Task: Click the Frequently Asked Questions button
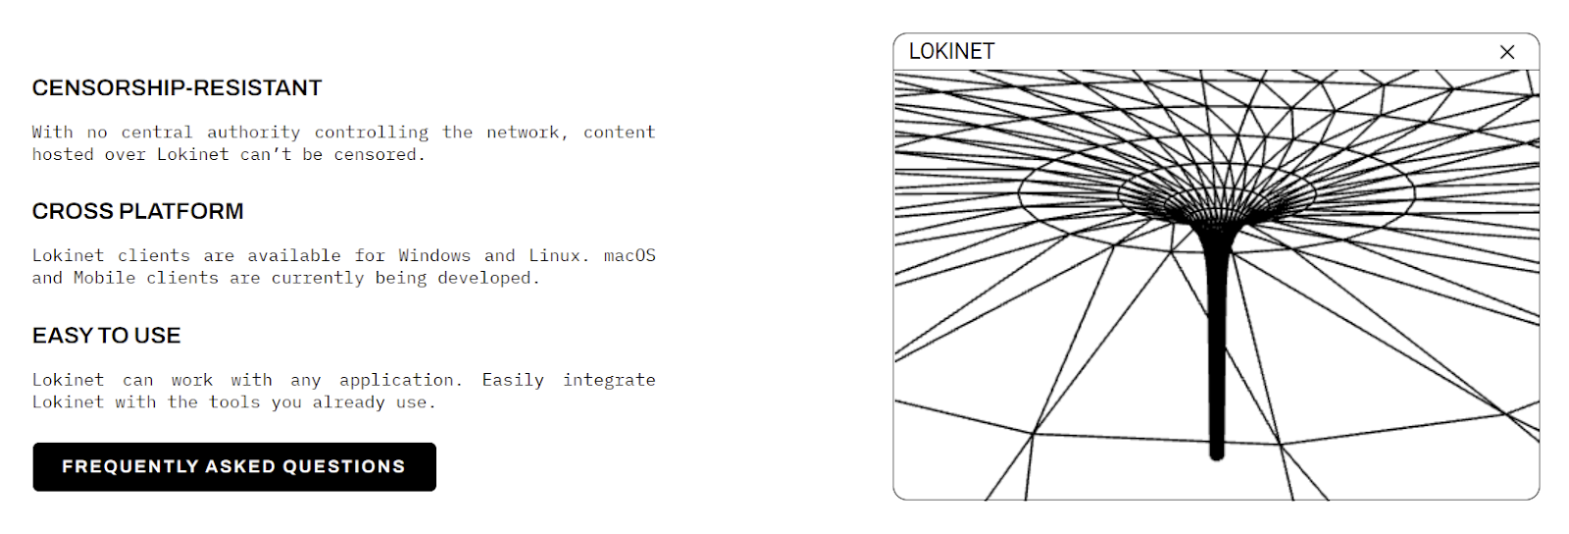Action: point(233,466)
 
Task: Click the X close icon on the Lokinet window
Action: point(1507,52)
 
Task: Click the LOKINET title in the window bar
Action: point(951,52)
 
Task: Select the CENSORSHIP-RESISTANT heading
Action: point(177,88)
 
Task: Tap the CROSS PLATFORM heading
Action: point(137,212)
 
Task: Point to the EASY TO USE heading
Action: point(106,336)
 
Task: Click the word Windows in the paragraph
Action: point(434,256)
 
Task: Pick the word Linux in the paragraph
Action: point(555,256)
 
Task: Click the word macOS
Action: point(630,256)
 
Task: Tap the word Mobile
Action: point(104,279)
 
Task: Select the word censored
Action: point(376,155)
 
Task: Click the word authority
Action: point(253,133)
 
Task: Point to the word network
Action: point(524,133)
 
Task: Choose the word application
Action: point(396,380)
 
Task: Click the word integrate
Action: point(609,380)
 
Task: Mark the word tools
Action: point(234,402)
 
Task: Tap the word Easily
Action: point(513,380)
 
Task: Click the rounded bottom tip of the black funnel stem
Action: point(1217,454)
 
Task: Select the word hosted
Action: point(63,155)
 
